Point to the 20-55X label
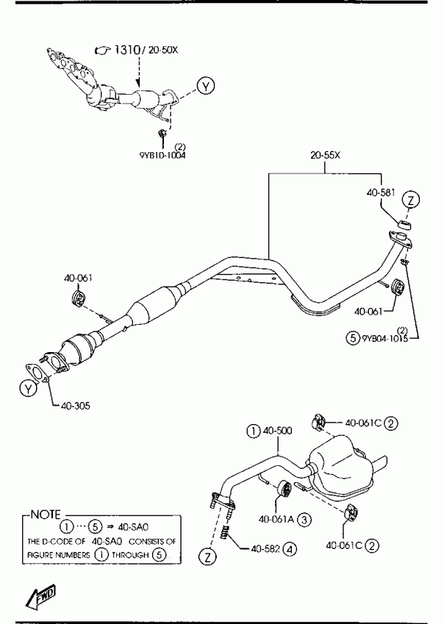[x=325, y=157]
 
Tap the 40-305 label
[x=74, y=405]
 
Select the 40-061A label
[x=276, y=519]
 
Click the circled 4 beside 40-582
[x=291, y=548]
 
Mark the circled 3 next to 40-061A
[x=304, y=519]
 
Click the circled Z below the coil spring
[x=210, y=558]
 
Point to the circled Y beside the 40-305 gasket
[x=28, y=389]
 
